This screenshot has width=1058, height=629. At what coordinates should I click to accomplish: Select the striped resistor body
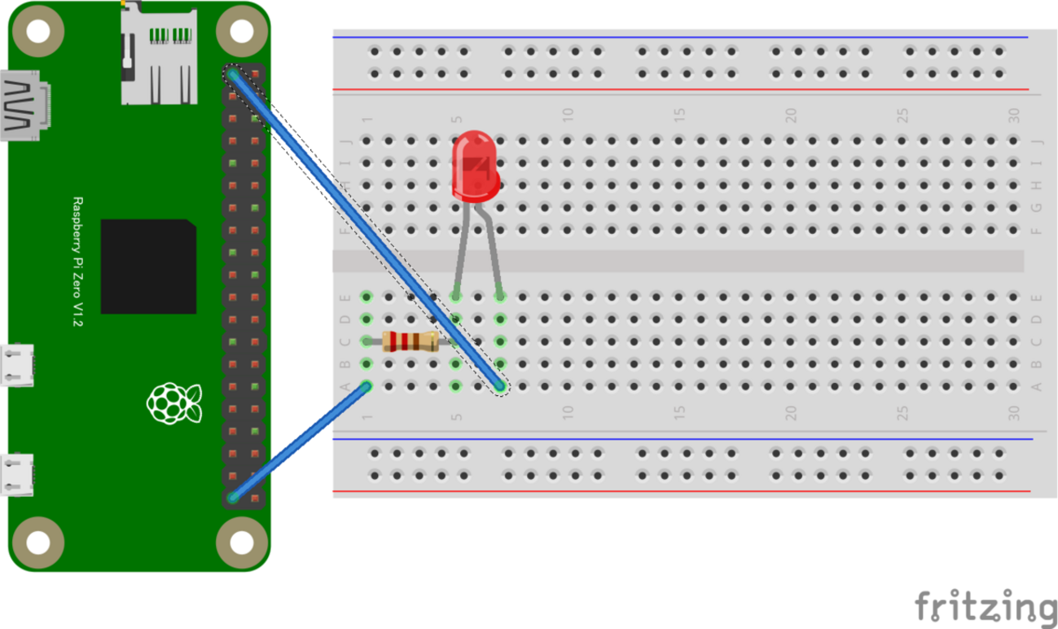click(410, 341)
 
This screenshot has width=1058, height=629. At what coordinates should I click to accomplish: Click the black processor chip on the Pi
click(148, 266)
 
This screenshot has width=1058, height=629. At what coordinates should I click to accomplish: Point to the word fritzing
click(984, 606)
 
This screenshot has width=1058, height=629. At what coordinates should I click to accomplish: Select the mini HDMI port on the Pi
click(24, 106)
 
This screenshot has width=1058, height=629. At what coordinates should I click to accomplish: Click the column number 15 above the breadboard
click(679, 115)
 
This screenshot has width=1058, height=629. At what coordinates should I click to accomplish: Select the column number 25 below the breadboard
click(902, 413)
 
